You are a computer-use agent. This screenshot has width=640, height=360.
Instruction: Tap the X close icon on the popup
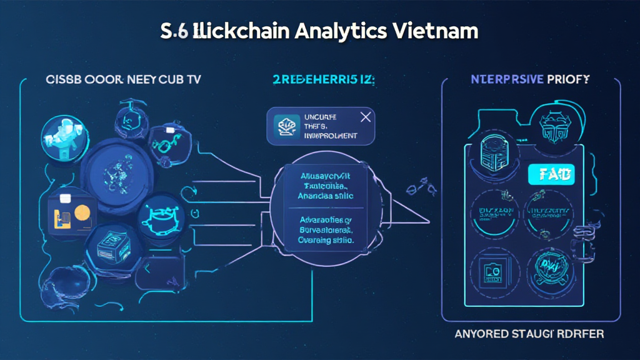pos(366,116)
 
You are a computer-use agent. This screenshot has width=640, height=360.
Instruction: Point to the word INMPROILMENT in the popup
pos(329,134)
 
